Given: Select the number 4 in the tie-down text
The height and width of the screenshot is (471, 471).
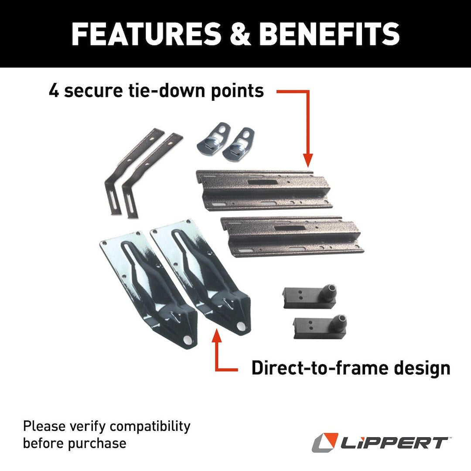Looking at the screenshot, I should [x=54, y=91].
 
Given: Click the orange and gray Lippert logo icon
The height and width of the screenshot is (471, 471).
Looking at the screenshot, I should [x=325, y=442].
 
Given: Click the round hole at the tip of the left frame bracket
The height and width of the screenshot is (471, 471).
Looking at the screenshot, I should [x=188, y=340].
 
